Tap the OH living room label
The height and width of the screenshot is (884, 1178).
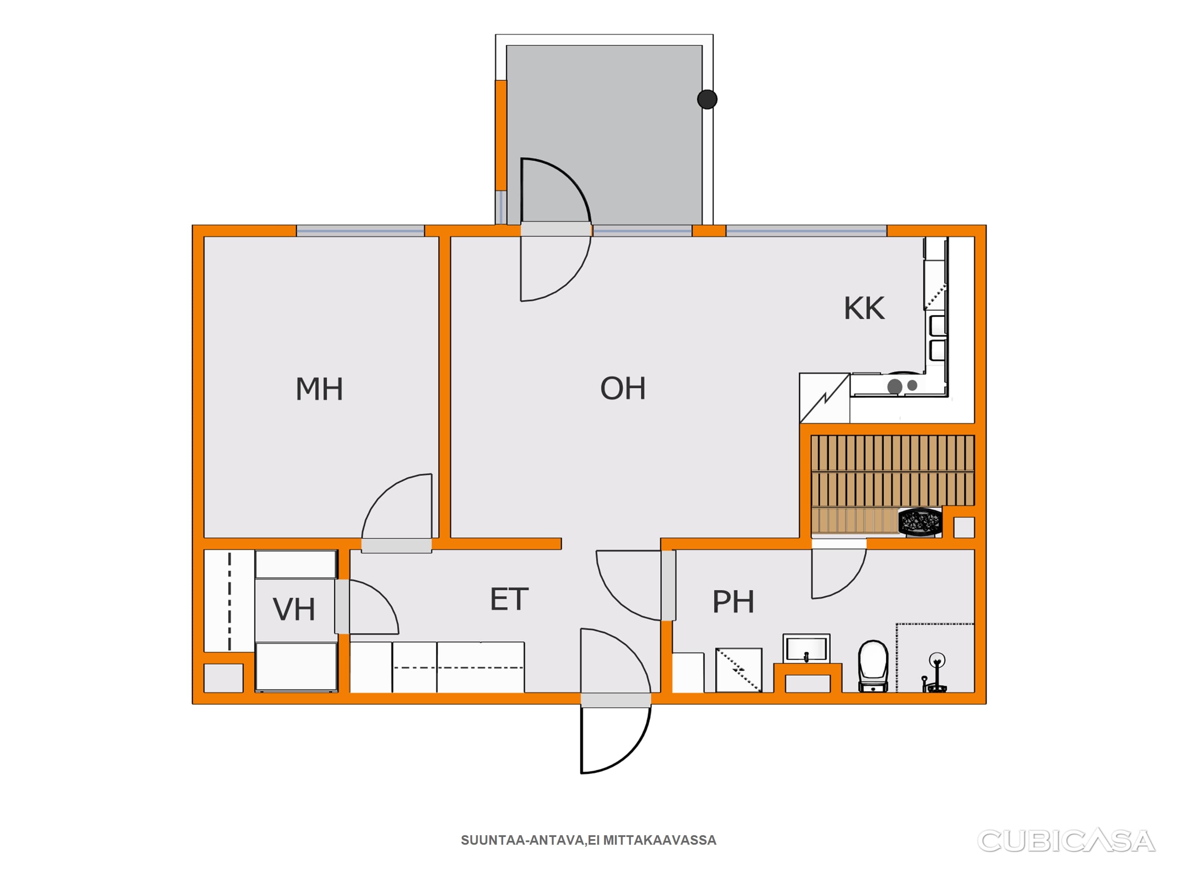click(x=623, y=388)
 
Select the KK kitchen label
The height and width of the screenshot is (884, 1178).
click(x=864, y=308)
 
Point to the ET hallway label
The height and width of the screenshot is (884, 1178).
click(x=509, y=600)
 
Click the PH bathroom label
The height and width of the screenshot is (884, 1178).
click(x=733, y=602)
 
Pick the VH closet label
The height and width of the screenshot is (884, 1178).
click(x=294, y=609)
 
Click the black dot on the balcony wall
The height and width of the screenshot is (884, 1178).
click(x=707, y=99)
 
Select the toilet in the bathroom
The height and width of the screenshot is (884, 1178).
click(x=873, y=666)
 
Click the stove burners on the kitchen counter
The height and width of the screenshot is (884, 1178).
click(x=902, y=386)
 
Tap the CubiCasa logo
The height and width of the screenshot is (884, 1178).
click(x=1066, y=841)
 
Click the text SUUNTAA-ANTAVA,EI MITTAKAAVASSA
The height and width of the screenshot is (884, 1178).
click(x=589, y=840)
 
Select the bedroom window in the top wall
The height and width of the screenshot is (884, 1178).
click(x=361, y=231)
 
